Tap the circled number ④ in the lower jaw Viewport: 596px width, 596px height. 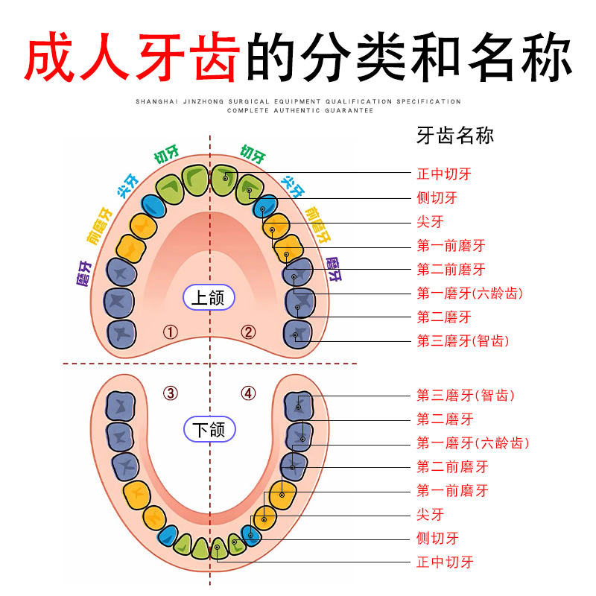point(248,393)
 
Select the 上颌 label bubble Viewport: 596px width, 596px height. point(209,298)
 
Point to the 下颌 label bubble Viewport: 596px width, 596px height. point(209,429)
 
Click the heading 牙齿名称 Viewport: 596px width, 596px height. point(455,136)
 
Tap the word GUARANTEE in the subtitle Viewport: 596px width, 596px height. point(344,110)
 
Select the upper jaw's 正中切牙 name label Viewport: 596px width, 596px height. point(444,174)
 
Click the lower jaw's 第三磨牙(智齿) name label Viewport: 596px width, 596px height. point(466,396)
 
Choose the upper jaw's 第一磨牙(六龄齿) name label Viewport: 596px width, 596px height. point(469,294)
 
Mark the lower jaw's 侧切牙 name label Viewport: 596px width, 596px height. point(437,539)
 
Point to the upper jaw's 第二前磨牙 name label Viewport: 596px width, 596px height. point(451,270)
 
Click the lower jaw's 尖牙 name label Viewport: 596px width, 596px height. point(431,515)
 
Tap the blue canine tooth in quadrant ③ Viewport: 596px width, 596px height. point(167,536)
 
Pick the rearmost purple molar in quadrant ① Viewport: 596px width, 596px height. point(121,333)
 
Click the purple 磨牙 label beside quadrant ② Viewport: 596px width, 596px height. point(334,270)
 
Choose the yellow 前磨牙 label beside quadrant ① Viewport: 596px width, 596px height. point(99,226)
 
